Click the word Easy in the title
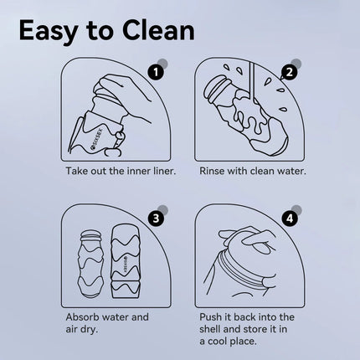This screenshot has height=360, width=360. point(49,31)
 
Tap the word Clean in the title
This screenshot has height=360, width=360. point(158,31)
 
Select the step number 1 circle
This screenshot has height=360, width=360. point(156,73)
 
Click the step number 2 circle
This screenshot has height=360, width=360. point(290,73)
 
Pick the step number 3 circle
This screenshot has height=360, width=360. point(156,219)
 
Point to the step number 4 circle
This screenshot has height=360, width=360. point(290,219)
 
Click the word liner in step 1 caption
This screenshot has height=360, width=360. point(165,171)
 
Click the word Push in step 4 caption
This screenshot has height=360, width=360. point(209,317)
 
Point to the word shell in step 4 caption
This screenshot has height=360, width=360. point(210,329)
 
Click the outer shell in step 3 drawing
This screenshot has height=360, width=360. point(125,262)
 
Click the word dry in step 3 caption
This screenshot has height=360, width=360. point(89,330)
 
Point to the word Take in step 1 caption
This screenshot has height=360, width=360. point(76,171)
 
